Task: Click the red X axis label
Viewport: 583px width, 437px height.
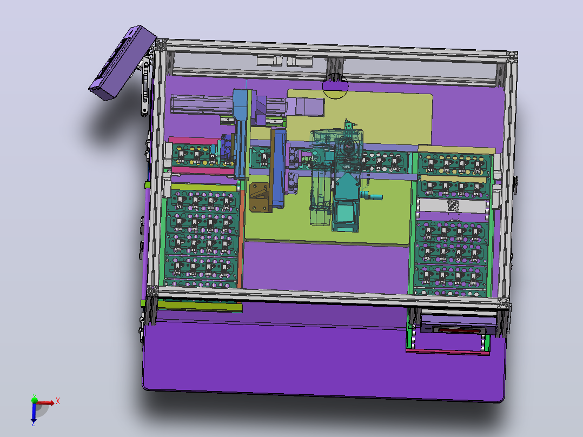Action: (58, 401)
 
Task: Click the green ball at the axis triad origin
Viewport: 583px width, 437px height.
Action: (35, 400)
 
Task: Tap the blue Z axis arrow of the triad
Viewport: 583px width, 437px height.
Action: (34, 412)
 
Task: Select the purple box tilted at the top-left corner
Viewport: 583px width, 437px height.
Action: (122, 63)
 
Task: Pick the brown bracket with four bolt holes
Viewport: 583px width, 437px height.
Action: (261, 197)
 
